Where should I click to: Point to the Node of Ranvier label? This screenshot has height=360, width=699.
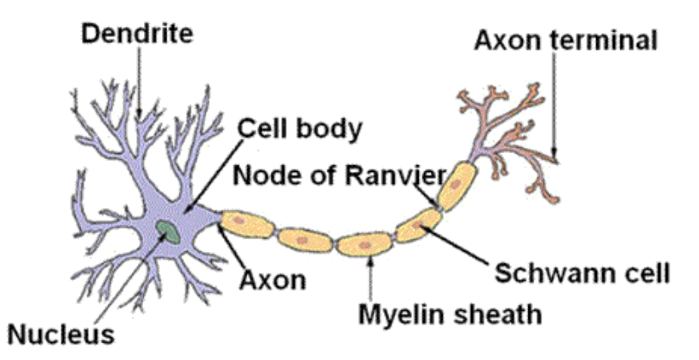(339, 175)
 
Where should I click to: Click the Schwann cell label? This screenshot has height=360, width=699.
(582, 273)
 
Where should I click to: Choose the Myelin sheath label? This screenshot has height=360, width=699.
(448, 313)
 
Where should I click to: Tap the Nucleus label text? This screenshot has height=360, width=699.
(60, 333)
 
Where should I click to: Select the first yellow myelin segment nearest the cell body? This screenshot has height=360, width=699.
(248, 224)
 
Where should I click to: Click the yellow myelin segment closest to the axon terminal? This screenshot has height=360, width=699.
(456, 184)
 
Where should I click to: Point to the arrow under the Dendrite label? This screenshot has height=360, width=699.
(139, 81)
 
